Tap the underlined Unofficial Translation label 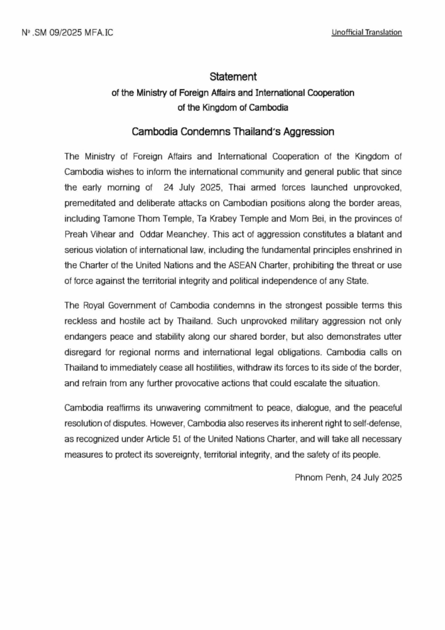pyautogui.click(x=366, y=32)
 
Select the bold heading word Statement pyautogui.click(x=232, y=77)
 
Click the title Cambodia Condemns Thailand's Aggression pyautogui.click(x=233, y=132)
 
